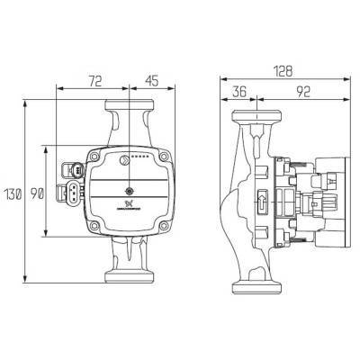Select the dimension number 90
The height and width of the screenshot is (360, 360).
pos(39,193)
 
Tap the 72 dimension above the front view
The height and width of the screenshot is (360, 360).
pos(94,80)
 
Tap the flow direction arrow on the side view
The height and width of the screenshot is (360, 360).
pos(260,202)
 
